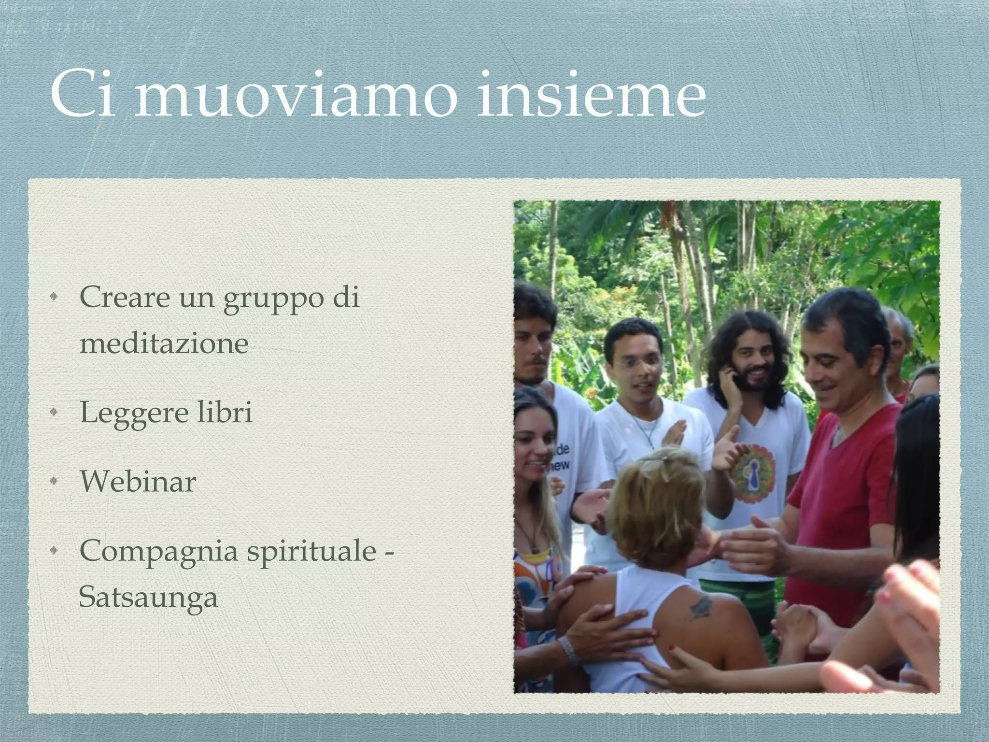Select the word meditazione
tap(164, 343)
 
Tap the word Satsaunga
tap(148, 598)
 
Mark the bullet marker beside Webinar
tap(57, 482)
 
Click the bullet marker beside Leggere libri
tap(57, 413)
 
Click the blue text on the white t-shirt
tap(562, 457)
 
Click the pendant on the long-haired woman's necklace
tap(535, 548)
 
